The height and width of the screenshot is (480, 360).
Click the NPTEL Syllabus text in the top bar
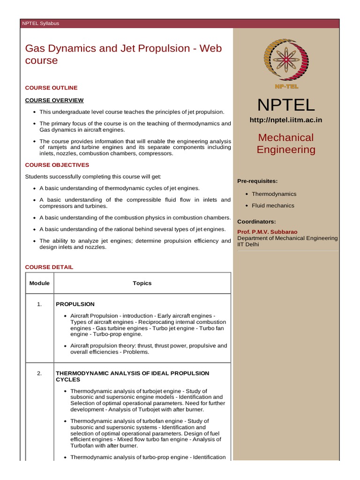click(41, 23)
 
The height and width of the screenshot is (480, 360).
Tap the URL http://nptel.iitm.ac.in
click(286, 120)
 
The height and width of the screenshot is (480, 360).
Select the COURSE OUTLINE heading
click(51, 88)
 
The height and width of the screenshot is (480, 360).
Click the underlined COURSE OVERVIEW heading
click(54, 100)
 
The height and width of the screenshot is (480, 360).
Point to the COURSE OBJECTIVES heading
click(57, 165)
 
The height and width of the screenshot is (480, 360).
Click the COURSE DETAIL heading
click(49, 267)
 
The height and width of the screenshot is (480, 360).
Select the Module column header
click(39, 283)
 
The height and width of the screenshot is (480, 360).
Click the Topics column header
click(142, 283)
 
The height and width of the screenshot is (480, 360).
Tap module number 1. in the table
click(39, 304)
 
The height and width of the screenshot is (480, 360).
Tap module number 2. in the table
click(39, 374)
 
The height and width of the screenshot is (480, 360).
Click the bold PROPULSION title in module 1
click(75, 304)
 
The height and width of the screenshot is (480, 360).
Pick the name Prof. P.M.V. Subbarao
click(267, 232)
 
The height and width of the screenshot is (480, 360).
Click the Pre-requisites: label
click(257, 181)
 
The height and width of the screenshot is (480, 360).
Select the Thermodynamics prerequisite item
click(274, 194)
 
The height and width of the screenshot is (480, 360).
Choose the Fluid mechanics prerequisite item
click(273, 206)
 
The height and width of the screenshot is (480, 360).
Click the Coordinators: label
click(256, 221)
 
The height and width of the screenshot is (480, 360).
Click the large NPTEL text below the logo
click(286, 105)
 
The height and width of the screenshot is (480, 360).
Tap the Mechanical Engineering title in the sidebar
click(286, 143)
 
